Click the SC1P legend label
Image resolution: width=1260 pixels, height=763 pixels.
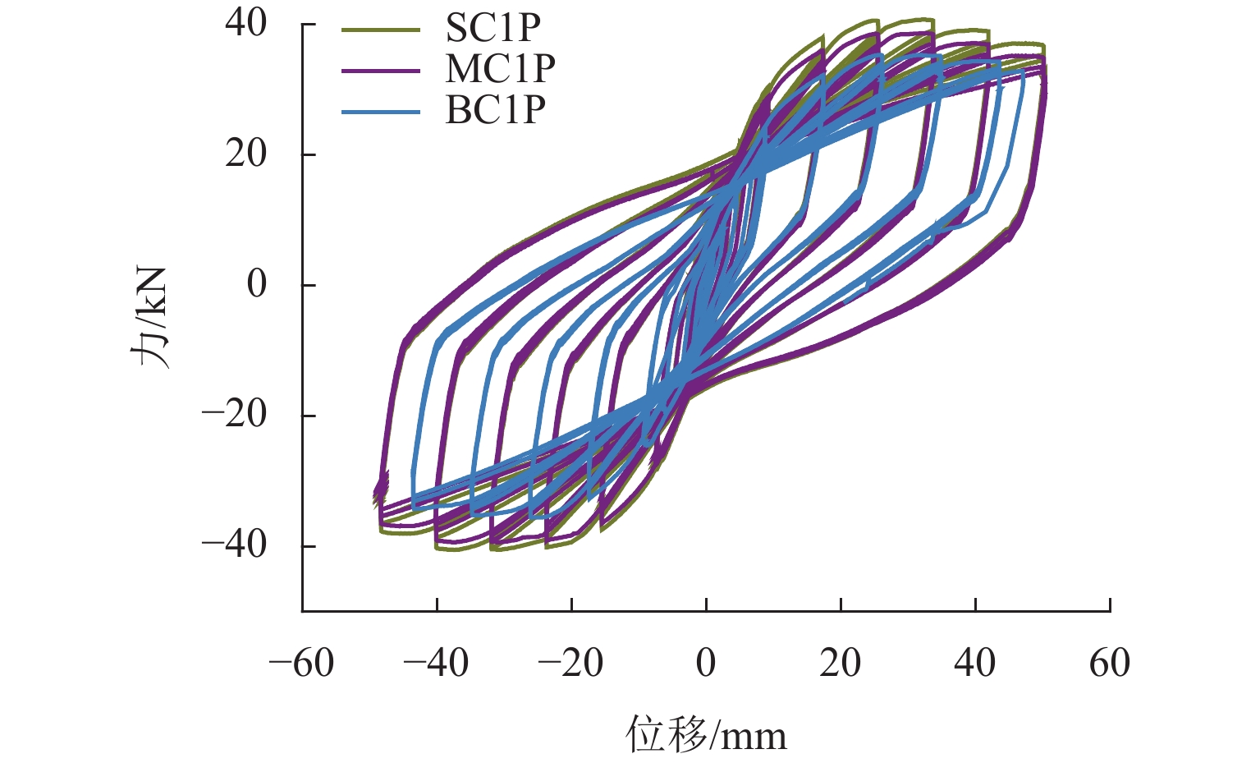tap(493, 30)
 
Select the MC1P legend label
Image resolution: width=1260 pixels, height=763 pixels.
tap(500, 69)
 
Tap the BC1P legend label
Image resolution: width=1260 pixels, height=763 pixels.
tap(495, 109)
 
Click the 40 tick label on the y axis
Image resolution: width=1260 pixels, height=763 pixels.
tap(246, 24)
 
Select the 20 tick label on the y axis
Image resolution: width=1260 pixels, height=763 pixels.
tap(246, 154)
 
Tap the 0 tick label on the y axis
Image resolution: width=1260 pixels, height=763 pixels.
tap(257, 285)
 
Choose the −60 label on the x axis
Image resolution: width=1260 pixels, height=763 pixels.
tap(302, 664)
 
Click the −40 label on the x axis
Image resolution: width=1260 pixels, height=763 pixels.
tap(437, 664)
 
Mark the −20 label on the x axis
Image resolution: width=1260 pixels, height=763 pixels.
tap(571, 664)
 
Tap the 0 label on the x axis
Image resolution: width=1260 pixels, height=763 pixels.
tap(706, 664)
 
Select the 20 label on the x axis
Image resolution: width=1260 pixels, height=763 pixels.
tap(841, 664)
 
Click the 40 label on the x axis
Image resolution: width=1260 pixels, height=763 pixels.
tap(975, 664)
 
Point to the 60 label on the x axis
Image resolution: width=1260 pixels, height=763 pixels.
tap(1110, 664)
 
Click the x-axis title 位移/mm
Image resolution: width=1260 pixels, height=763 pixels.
tap(706, 733)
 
